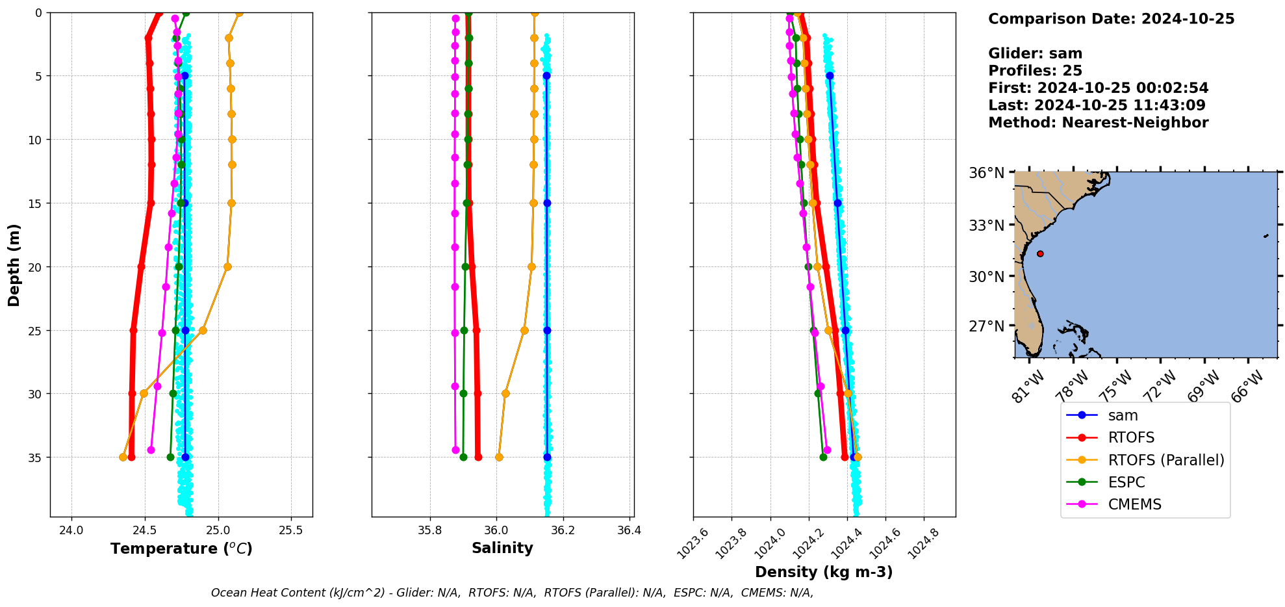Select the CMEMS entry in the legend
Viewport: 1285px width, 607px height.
pyautogui.click(x=1134, y=504)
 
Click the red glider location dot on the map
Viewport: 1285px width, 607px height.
pyautogui.click(x=1040, y=253)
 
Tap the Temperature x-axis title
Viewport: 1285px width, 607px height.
pyautogui.click(x=181, y=549)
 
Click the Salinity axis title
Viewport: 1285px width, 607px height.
pyautogui.click(x=502, y=549)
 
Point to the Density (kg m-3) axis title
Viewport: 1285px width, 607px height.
pyautogui.click(x=824, y=573)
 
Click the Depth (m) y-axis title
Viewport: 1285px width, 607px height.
pyautogui.click(x=14, y=265)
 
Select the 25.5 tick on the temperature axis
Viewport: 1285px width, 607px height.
pyautogui.click(x=290, y=530)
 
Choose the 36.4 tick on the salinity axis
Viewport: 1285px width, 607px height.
pyautogui.click(x=629, y=530)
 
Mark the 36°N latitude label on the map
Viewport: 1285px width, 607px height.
pyautogui.click(x=986, y=173)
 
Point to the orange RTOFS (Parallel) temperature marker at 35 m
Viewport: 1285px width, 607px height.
pyautogui.click(x=123, y=458)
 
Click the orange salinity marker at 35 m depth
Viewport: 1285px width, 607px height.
pyautogui.click(x=499, y=458)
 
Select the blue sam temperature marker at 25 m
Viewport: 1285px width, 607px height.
pyautogui.click(x=185, y=331)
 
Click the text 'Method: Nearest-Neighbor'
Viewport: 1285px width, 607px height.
pyautogui.click(x=1098, y=123)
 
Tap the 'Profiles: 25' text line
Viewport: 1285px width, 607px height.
pyautogui.click(x=1035, y=71)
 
